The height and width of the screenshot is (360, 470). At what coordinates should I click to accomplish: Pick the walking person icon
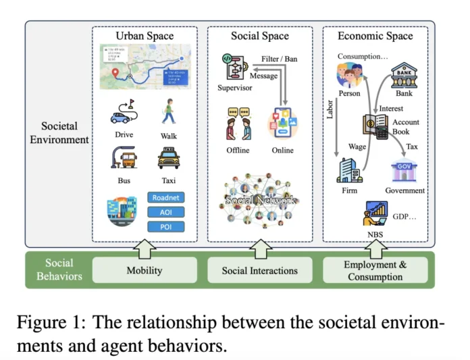168,111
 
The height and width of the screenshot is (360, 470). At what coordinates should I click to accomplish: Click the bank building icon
404,74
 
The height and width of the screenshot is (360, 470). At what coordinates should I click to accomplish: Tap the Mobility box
145,270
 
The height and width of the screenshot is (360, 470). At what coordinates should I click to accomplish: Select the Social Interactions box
259,270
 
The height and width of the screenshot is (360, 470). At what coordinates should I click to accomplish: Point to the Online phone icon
282,126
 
